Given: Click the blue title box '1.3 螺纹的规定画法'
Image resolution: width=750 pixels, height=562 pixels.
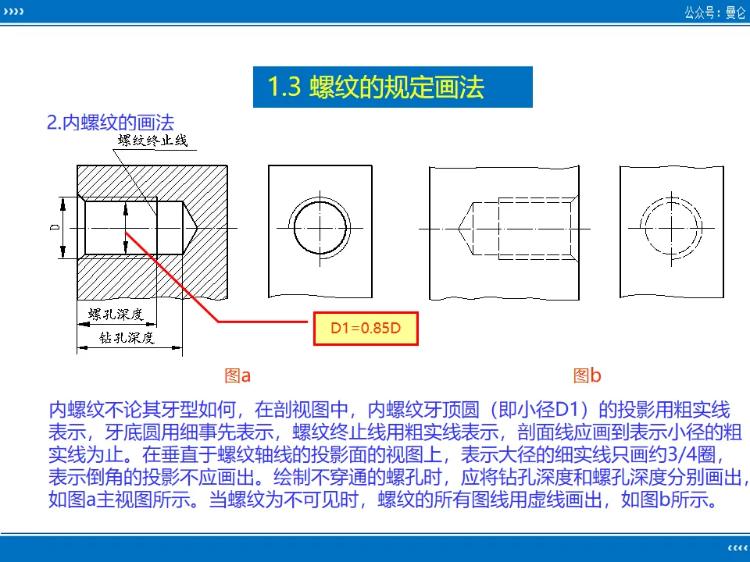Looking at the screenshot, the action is click(392, 87).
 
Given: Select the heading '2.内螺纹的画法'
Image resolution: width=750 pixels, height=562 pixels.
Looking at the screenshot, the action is click(110, 123).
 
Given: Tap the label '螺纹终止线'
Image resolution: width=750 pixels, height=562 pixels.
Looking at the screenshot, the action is click(152, 140).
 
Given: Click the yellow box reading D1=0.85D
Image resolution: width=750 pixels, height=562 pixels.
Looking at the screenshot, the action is click(366, 329).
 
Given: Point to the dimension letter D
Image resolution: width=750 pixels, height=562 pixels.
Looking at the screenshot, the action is click(55, 227).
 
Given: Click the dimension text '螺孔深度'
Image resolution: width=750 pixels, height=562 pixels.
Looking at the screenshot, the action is click(116, 314).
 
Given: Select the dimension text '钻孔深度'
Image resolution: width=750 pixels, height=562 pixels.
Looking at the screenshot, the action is click(127, 338).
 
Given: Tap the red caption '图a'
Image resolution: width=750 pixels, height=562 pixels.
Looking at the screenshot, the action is click(237, 375).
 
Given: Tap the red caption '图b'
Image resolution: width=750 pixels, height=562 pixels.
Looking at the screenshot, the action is click(587, 375).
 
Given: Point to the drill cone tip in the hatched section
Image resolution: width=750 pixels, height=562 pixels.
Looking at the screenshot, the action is click(197, 228).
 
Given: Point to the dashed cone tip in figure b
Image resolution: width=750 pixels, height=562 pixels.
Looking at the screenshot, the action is click(459, 229).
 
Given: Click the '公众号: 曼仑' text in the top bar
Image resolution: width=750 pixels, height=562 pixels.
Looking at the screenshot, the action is click(715, 12).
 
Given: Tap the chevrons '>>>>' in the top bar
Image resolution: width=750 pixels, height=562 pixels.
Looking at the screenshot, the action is click(13, 12).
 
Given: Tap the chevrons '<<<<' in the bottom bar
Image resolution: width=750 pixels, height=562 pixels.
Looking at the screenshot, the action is click(737, 548).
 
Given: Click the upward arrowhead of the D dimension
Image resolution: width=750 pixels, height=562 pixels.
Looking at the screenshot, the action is click(62, 203).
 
